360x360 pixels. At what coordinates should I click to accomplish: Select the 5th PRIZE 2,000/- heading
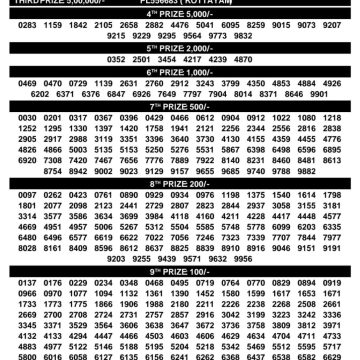[180, 47]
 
